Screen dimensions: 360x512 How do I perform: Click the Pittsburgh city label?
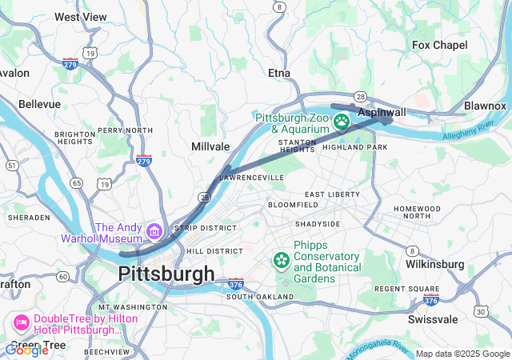click(166, 274)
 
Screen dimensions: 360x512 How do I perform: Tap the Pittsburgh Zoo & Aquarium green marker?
click(342, 122)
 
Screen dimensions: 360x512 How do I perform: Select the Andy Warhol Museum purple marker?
click(154, 232)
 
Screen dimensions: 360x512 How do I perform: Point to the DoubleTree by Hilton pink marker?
click(20, 324)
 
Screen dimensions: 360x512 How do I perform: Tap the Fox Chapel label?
click(439, 46)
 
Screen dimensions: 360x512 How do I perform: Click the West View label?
click(81, 17)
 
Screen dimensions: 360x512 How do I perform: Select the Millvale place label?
click(210, 146)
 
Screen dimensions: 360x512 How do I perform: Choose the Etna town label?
click(279, 73)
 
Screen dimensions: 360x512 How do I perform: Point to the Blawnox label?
click(485, 106)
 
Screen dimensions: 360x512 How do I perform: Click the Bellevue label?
click(39, 104)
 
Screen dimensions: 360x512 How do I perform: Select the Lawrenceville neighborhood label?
click(252, 176)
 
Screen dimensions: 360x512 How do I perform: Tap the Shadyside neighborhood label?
click(318, 224)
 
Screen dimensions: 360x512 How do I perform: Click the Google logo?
click(26, 350)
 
